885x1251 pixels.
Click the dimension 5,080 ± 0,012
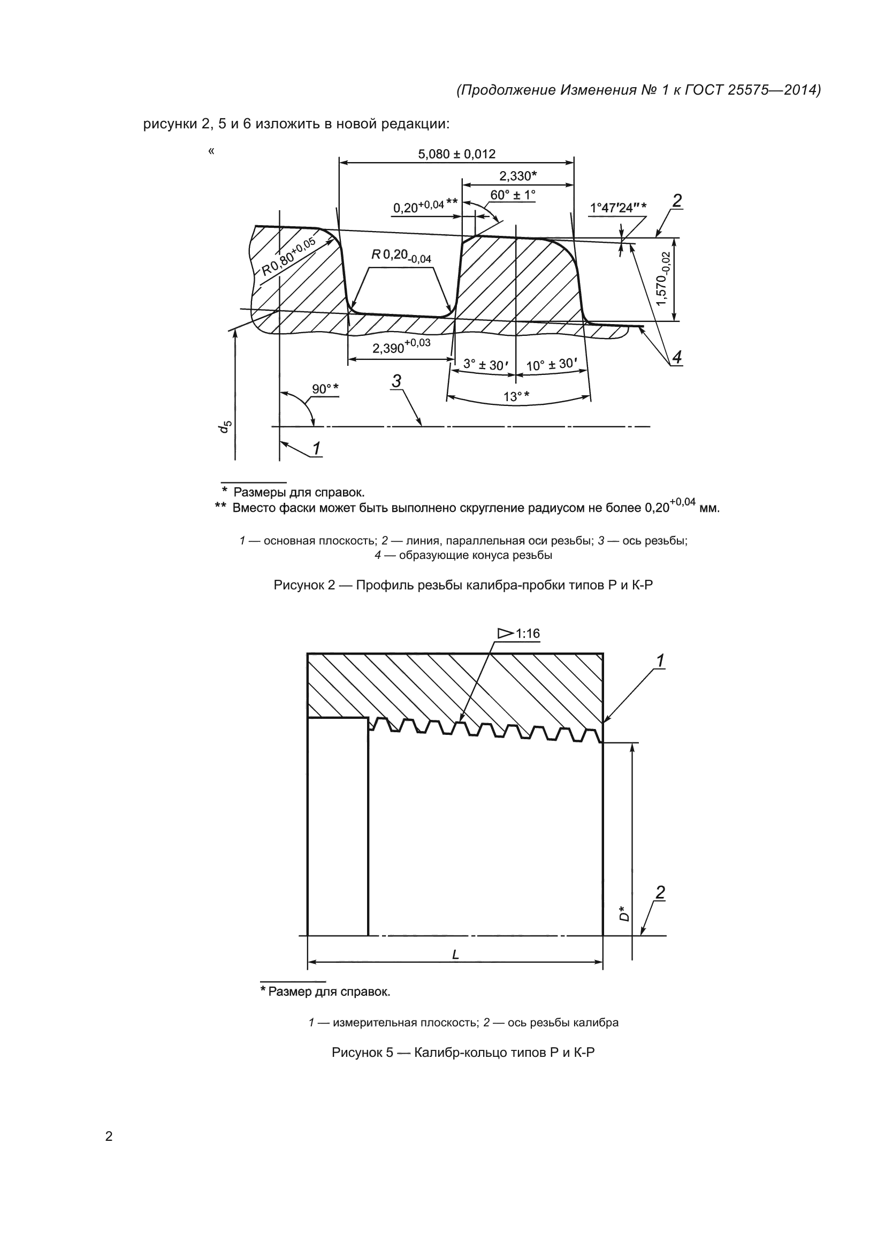456,154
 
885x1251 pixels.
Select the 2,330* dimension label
518,176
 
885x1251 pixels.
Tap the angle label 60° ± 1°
512,195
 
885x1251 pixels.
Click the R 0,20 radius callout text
401,256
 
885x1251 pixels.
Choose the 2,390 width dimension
401,347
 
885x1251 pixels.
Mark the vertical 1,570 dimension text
663,279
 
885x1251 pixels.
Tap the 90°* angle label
325,389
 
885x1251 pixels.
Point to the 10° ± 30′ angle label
552,364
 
